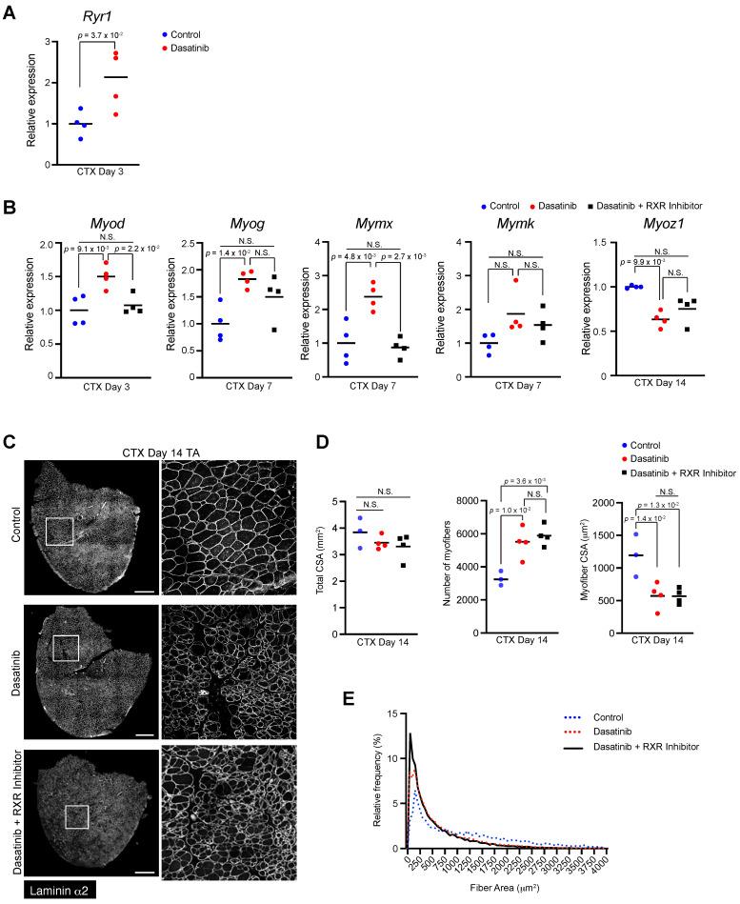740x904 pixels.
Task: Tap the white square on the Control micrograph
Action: point(58,531)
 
